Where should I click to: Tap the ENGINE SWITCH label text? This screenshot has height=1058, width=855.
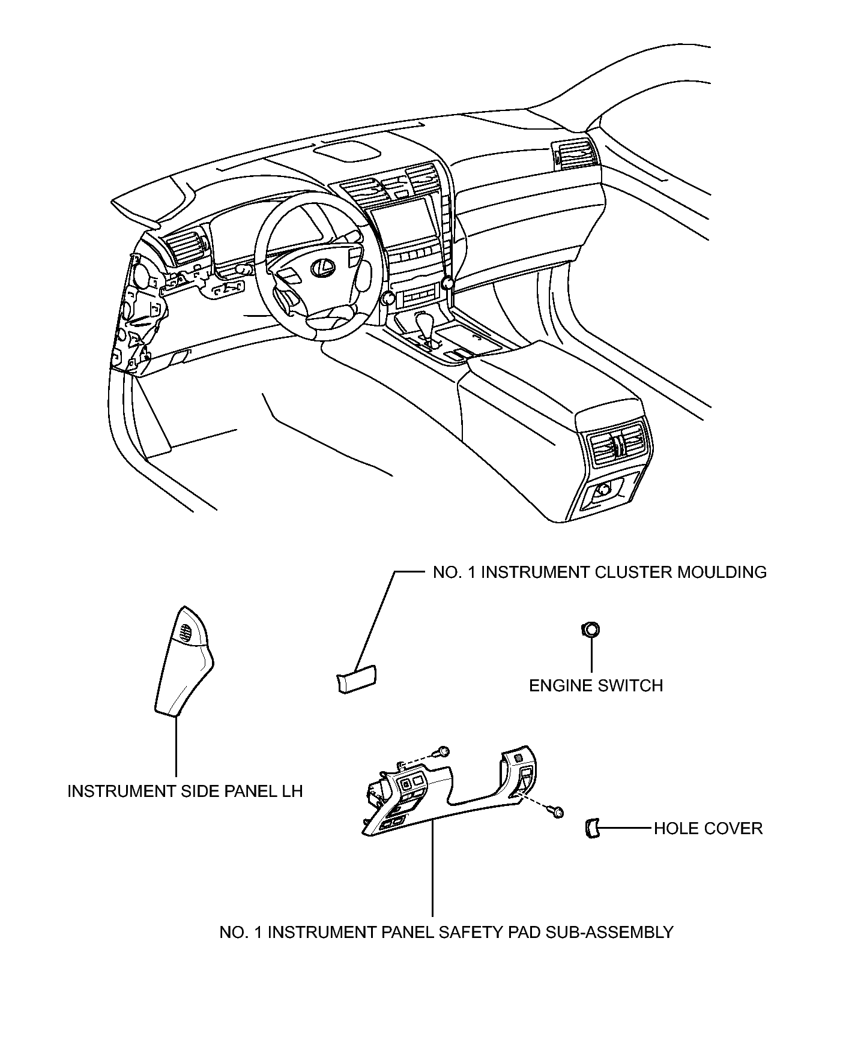pyautogui.click(x=596, y=685)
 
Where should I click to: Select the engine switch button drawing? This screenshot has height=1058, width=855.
pyautogui.click(x=591, y=630)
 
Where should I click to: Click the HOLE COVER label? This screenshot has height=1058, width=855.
pyautogui.click(x=708, y=829)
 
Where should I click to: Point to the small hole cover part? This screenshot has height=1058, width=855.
pyautogui.click(x=591, y=829)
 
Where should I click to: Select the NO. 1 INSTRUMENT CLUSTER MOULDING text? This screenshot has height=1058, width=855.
pyautogui.click(x=599, y=572)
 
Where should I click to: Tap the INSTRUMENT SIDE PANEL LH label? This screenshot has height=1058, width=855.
pyautogui.click(x=185, y=791)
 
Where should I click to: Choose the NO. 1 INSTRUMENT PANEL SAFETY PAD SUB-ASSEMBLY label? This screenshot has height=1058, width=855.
pyautogui.click(x=446, y=932)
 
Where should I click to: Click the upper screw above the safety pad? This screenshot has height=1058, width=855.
pyautogui.click(x=444, y=751)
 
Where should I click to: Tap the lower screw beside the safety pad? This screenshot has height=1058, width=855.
pyautogui.click(x=558, y=813)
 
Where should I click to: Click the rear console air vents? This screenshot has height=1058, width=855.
pyautogui.click(x=617, y=445)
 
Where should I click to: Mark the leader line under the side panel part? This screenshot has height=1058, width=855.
pyautogui.click(x=177, y=747)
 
